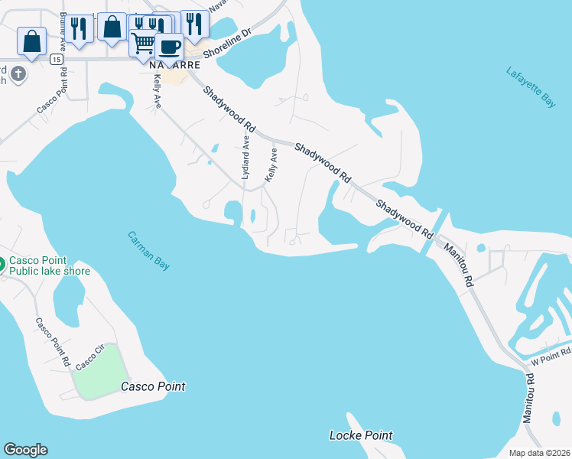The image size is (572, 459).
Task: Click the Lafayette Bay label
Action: pos(531,87)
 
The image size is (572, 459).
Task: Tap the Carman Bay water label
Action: pos(148,250)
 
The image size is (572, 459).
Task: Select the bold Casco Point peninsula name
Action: pos(153,386)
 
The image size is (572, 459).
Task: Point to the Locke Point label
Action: pos(360,435)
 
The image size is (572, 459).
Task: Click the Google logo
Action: pos(25,450)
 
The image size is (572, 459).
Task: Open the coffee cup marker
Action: pos(170,47)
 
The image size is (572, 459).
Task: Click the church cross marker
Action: pos(18,74)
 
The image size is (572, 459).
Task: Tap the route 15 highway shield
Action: pos(56,58)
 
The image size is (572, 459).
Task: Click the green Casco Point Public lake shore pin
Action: pos(2,265)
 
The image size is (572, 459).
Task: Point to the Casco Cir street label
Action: pos(89,356)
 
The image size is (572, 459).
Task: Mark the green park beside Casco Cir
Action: pos(98,372)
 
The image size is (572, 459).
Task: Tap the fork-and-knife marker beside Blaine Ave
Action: pos(78,28)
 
